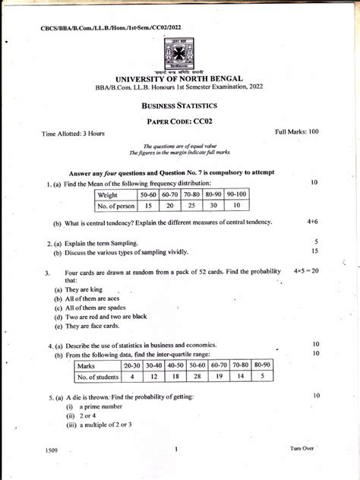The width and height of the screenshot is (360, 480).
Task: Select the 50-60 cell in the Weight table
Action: [150, 194]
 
